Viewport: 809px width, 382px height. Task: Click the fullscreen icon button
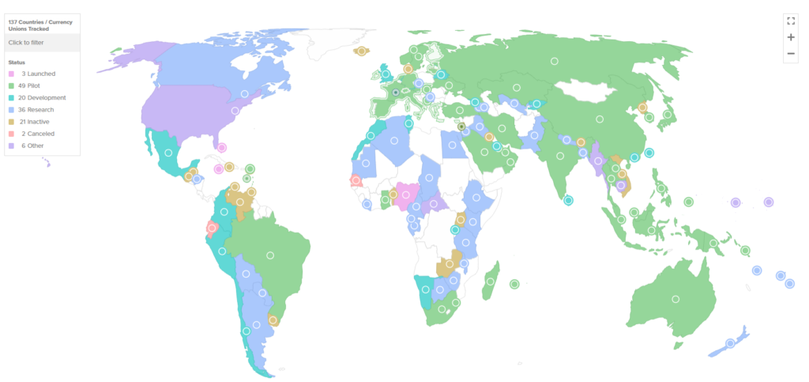pos(790,21)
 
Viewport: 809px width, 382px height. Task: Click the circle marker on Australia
pos(675,298)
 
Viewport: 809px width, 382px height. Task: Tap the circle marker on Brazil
pos(270,255)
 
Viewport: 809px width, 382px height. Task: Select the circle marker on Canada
pos(245,93)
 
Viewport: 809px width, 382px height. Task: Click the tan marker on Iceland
pos(361,51)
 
